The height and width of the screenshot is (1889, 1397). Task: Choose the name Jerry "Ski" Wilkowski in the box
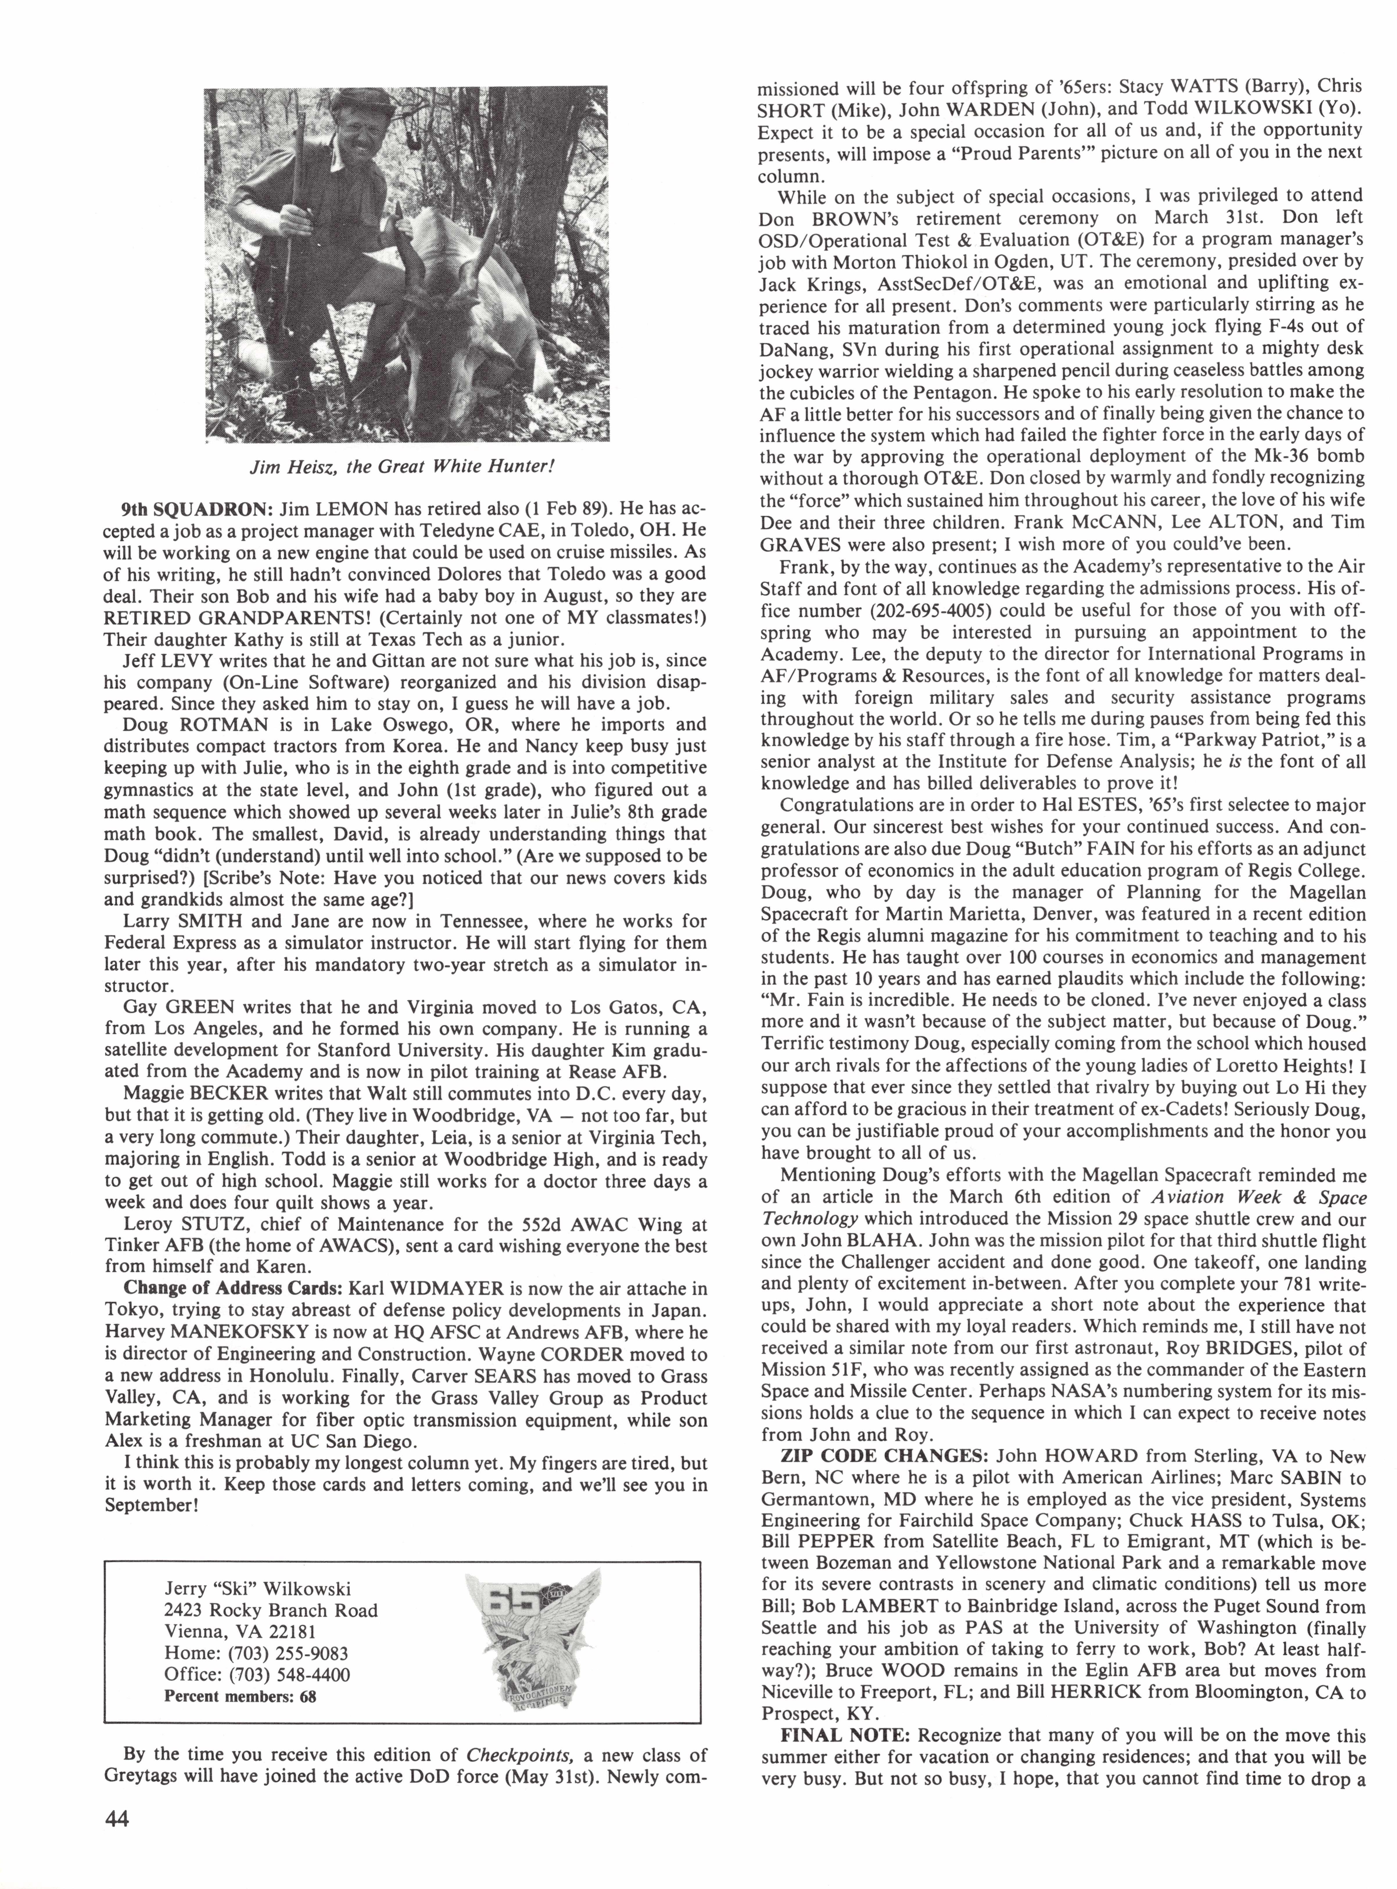coord(258,1588)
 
